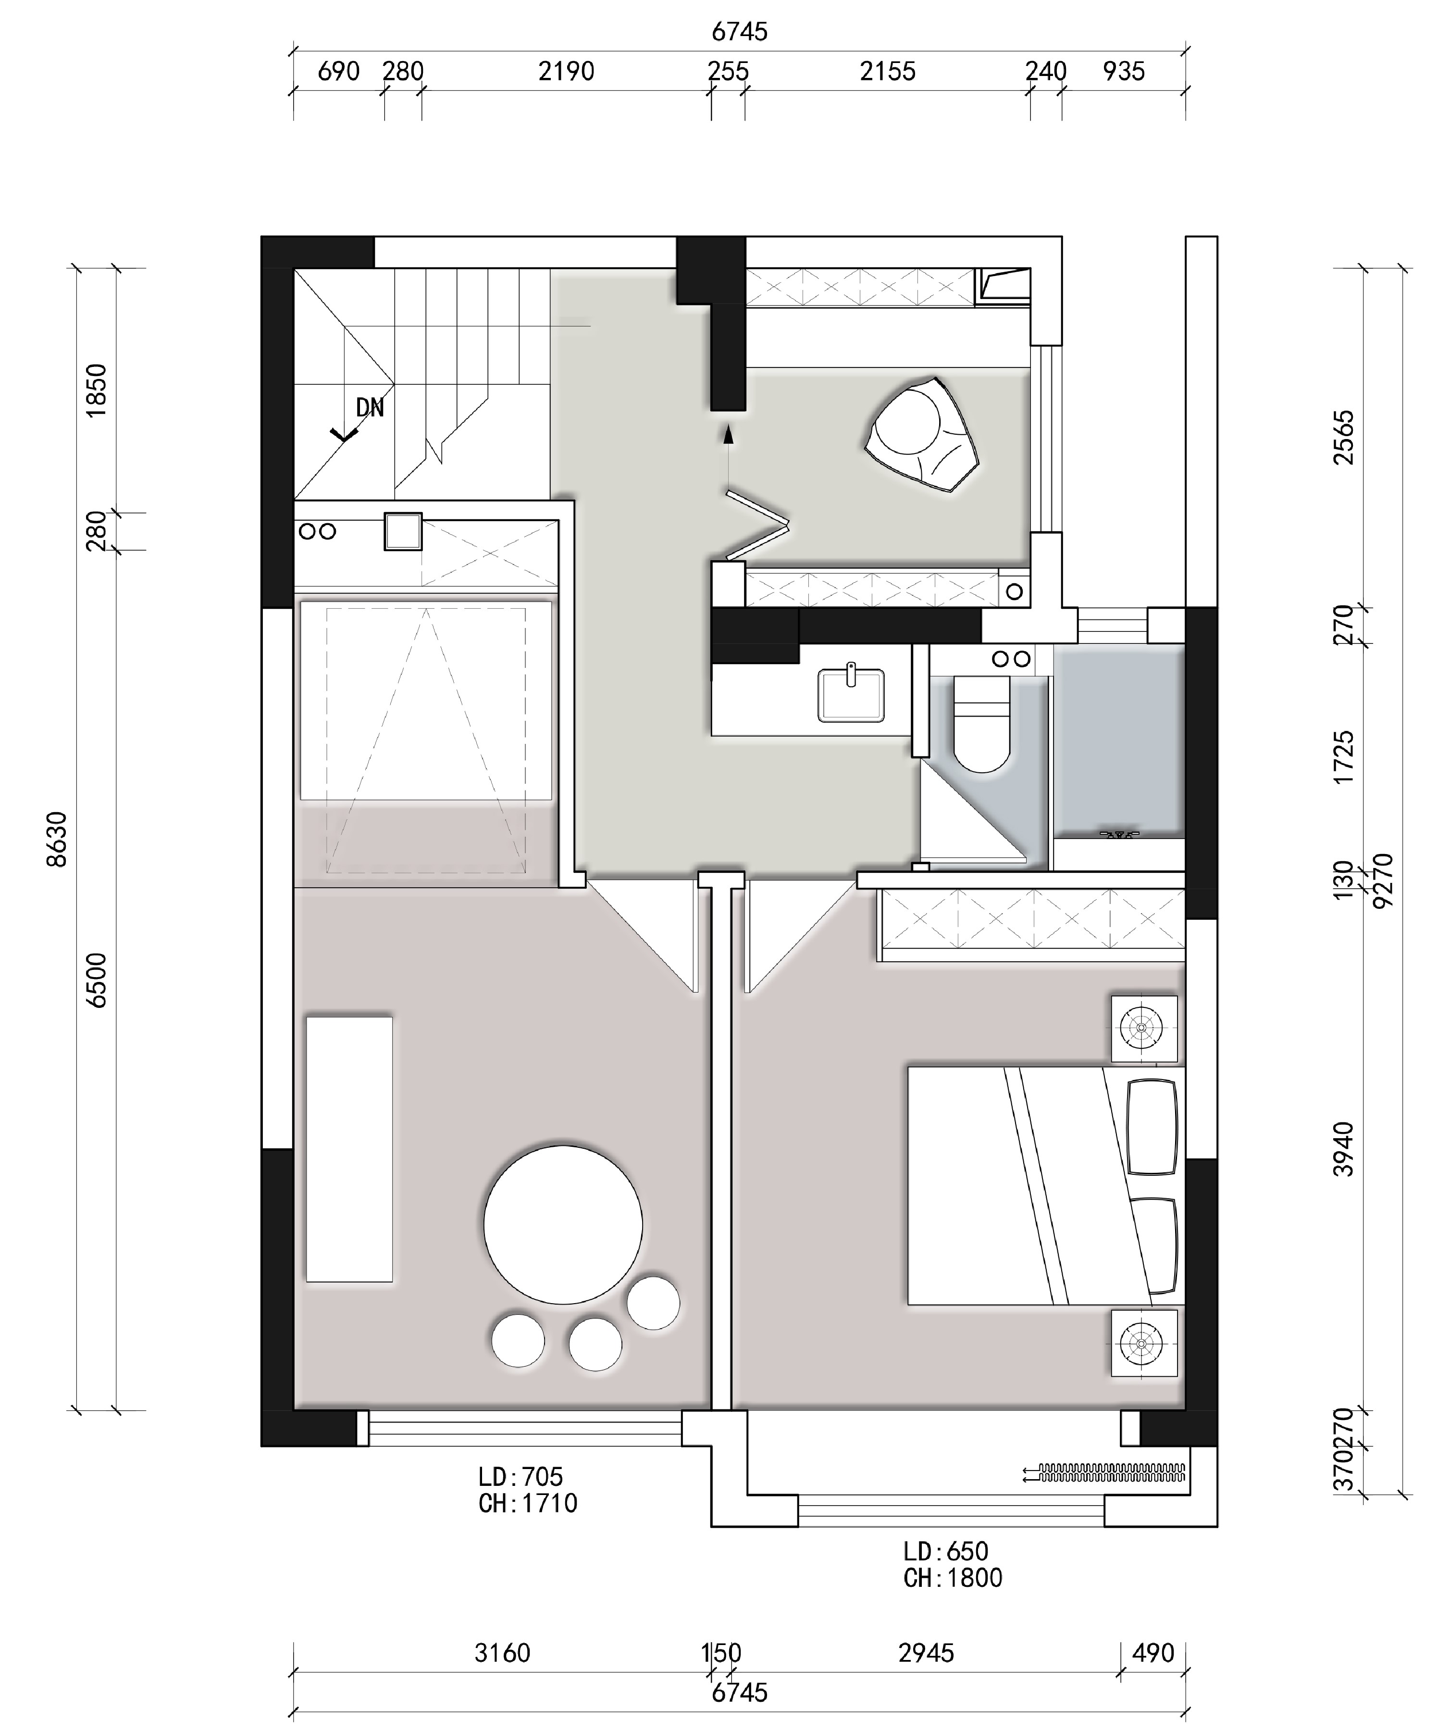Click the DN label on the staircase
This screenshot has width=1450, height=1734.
(x=370, y=407)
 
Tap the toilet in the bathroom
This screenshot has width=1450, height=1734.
(x=982, y=723)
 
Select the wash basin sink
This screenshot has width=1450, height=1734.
(x=851, y=693)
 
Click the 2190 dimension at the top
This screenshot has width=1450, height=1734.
(x=566, y=72)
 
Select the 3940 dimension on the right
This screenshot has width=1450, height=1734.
(x=1344, y=1149)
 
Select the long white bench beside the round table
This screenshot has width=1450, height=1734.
(x=349, y=1149)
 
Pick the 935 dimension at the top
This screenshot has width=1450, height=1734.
(x=1124, y=72)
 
